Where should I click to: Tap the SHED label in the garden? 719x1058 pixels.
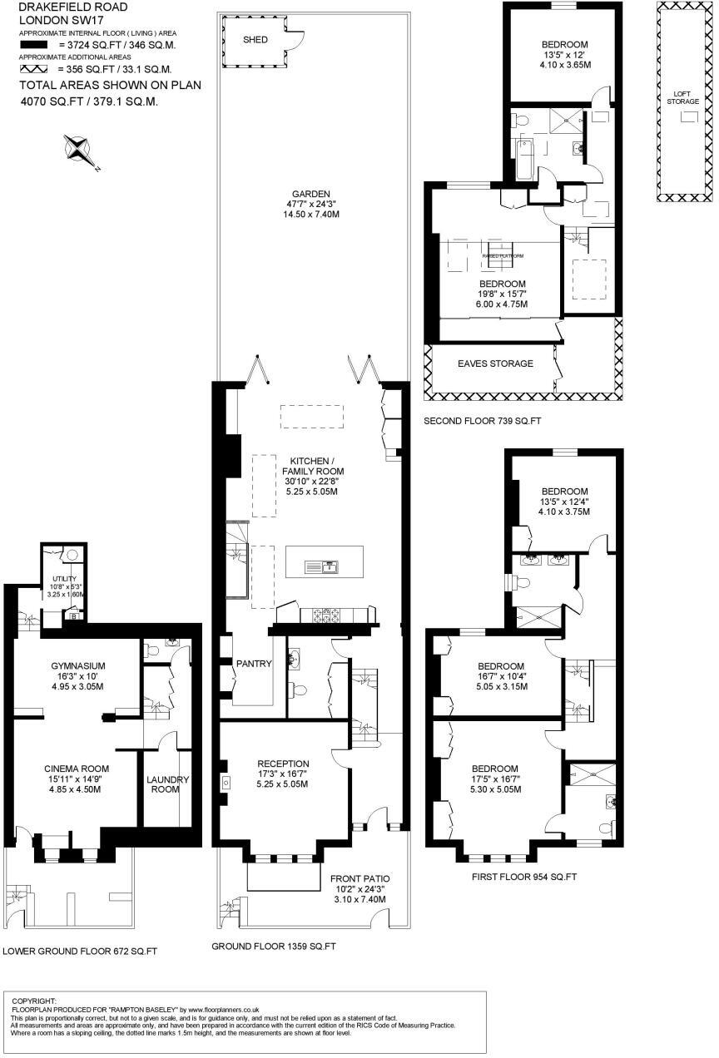[255, 40]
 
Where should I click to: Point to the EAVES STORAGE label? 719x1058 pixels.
[494, 363]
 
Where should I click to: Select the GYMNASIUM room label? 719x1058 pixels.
[77, 665]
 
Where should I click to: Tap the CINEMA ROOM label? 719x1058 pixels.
[77, 769]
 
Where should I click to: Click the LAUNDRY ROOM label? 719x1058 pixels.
[167, 784]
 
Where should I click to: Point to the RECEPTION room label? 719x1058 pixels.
[283, 764]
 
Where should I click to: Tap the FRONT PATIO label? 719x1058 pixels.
[359, 878]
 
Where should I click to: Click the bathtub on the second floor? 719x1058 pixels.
[524, 161]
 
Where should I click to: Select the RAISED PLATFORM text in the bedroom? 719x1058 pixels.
[503, 256]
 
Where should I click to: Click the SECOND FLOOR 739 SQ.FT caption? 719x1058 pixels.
[482, 422]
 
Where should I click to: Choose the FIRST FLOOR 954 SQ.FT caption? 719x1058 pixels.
[523, 877]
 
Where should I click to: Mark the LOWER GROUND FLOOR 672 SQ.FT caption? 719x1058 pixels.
[80, 951]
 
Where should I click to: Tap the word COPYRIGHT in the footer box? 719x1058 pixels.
[34, 1001]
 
